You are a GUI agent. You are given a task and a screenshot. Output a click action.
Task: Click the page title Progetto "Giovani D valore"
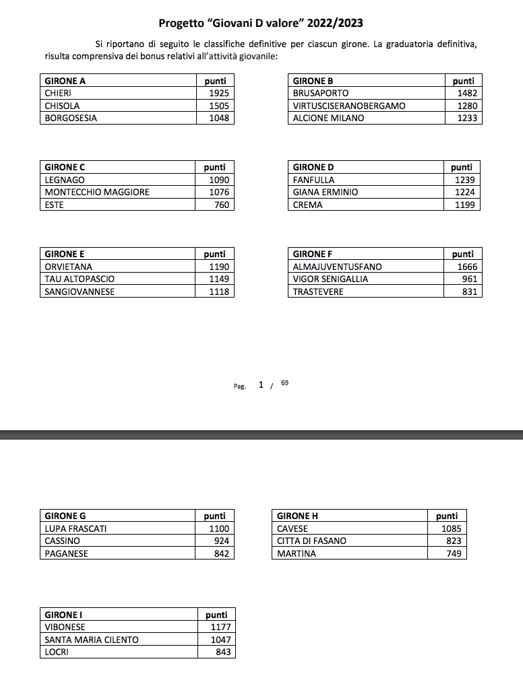(261, 23)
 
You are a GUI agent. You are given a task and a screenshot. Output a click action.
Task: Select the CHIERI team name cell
(58, 94)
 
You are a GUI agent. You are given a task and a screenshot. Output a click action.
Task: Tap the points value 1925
(219, 94)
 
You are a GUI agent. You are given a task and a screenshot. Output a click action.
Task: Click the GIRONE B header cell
(313, 81)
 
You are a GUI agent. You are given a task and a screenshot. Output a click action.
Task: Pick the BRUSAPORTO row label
(321, 94)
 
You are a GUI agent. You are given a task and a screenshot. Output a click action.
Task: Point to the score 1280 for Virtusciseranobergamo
(466, 106)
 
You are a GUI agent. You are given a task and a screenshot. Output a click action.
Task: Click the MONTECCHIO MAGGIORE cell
(97, 193)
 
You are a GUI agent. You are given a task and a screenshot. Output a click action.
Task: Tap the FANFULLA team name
(313, 180)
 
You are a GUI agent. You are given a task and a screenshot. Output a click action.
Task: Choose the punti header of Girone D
(462, 167)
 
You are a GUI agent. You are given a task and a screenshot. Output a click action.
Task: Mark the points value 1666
(466, 267)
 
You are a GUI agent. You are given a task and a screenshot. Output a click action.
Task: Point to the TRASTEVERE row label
(318, 292)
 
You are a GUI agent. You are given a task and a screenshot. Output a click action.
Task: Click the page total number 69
(284, 383)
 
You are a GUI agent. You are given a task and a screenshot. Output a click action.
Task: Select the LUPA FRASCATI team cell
(75, 529)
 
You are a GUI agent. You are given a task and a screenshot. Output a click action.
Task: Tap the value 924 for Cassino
(221, 541)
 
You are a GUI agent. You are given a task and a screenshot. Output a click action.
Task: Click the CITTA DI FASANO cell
(312, 541)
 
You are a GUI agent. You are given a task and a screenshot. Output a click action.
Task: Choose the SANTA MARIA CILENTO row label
(92, 640)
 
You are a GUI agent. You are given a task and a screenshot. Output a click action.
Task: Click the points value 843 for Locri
(223, 652)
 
